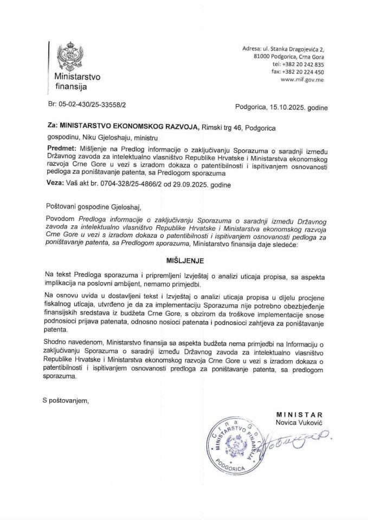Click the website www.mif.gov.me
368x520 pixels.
pyautogui.click(x=303, y=79)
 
